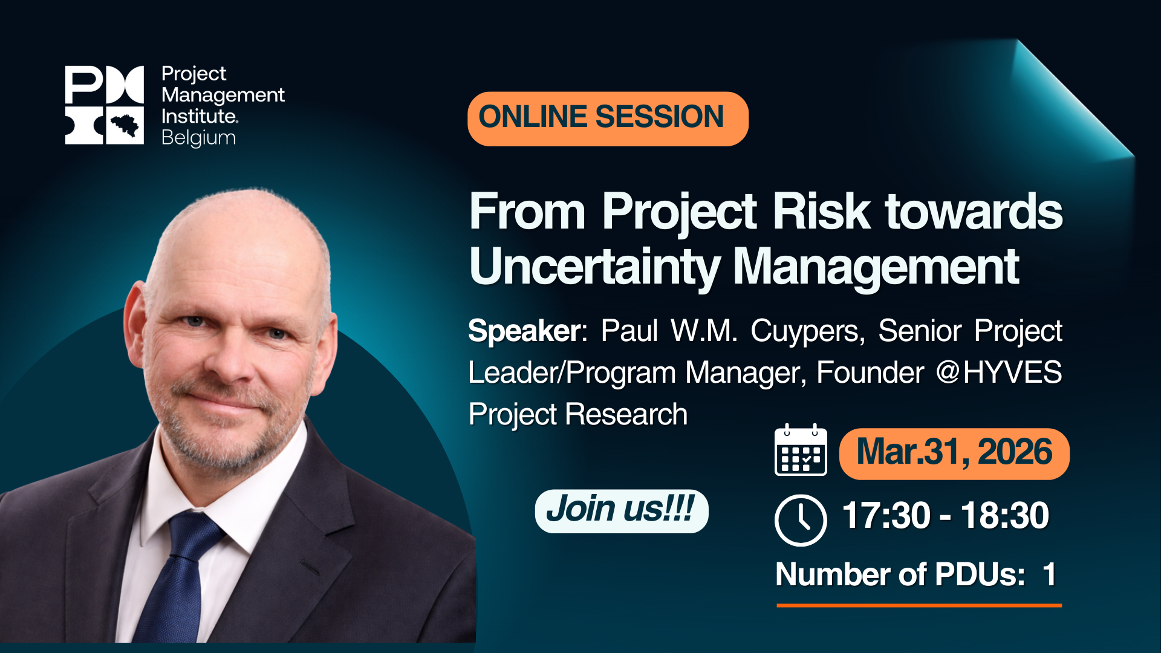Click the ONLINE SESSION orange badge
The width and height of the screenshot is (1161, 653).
pyautogui.click(x=608, y=119)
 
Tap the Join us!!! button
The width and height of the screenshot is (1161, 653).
pyautogui.click(x=621, y=511)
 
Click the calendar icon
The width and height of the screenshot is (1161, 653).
pyautogui.click(x=801, y=450)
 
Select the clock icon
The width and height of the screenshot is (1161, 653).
pyautogui.click(x=801, y=520)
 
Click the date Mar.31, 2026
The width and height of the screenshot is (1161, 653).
pyautogui.click(x=954, y=452)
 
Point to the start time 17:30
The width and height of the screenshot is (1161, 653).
pyautogui.click(x=886, y=516)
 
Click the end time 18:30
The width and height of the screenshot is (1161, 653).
pyautogui.click(x=1005, y=516)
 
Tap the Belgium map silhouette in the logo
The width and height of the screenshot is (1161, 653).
pyautogui.click(x=125, y=125)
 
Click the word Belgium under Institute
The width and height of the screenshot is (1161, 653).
pyautogui.click(x=198, y=138)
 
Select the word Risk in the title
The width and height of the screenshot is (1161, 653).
pyautogui.click(x=821, y=212)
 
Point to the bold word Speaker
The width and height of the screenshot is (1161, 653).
pyautogui.click(x=524, y=331)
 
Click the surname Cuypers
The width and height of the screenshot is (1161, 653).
pyautogui.click(x=807, y=332)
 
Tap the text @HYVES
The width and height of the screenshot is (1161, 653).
pyautogui.click(x=999, y=372)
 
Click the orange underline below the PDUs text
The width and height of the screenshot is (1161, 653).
pyautogui.click(x=919, y=605)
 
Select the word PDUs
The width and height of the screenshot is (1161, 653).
pyautogui.click(x=980, y=574)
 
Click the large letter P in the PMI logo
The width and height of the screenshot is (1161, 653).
pyautogui.click(x=84, y=85)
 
